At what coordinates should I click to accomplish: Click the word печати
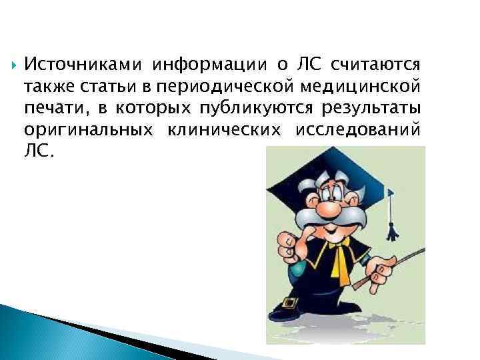pyautogui.click(x=51, y=108)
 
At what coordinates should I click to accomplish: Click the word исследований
pyautogui.click(x=359, y=129)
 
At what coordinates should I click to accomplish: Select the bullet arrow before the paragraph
pyautogui.click(x=11, y=65)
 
